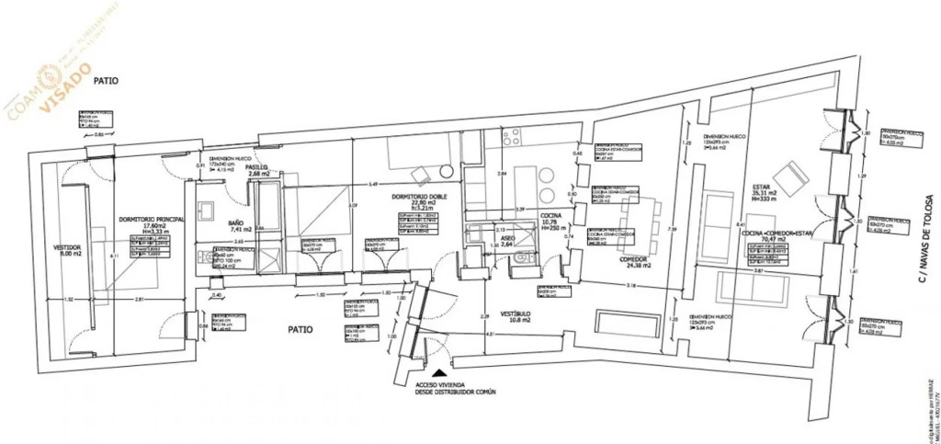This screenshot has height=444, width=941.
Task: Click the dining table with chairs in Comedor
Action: (641, 217)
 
